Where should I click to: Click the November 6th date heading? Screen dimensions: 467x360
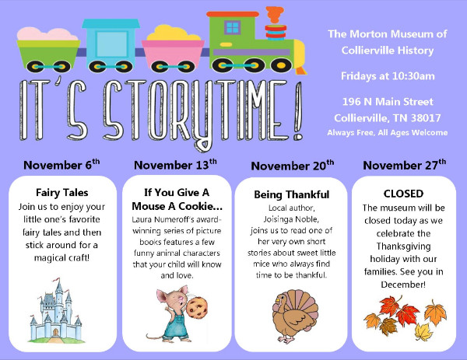pyautogui.click(x=61, y=165)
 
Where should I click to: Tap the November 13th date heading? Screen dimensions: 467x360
pyautogui.click(x=175, y=165)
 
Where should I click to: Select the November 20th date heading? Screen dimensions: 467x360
pyautogui.click(x=293, y=166)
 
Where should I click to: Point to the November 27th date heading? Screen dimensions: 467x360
pyautogui.click(x=405, y=165)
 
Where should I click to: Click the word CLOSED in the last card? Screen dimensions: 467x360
pyautogui.click(x=403, y=194)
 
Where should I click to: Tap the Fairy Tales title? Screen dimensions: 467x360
pyautogui.click(x=62, y=193)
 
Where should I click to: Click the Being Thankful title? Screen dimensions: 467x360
pyautogui.click(x=292, y=194)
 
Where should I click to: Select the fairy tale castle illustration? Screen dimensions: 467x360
pyautogui.click(x=55, y=310)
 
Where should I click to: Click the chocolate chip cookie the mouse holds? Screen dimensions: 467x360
pyautogui.click(x=197, y=308)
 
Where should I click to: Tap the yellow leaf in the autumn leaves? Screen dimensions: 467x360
pyautogui.click(x=424, y=332)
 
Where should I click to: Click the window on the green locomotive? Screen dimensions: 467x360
pyautogui.click(x=232, y=28)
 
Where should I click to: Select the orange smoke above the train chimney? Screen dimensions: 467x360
pyautogui.click(x=275, y=14)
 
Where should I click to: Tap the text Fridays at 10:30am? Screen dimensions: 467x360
pyautogui.click(x=388, y=76)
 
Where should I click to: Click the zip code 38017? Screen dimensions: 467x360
pyautogui.click(x=426, y=118)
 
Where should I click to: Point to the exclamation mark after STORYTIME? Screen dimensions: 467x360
pyautogui.click(x=298, y=110)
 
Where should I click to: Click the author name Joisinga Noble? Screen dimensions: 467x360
pyautogui.click(x=291, y=219)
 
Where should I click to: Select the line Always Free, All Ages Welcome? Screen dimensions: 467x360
pyautogui.click(x=387, y=133)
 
